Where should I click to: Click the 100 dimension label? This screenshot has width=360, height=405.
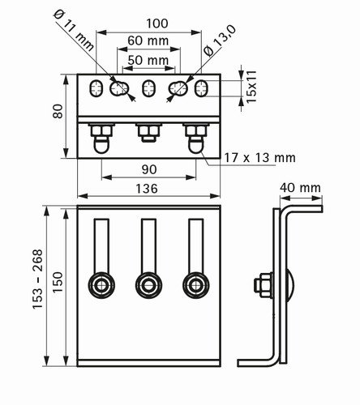coord(157,23)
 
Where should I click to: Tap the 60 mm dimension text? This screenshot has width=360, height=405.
coord(148,40)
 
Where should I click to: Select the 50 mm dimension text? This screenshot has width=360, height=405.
coord(148,60)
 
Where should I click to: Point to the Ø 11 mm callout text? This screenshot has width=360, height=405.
coord(74,30)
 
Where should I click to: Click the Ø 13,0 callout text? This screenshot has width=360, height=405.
coord(220,40)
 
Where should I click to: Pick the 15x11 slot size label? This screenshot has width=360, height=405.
coord(251,87)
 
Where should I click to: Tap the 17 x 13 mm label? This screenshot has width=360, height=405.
coord(259,158)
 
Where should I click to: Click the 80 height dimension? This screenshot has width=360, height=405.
coord(58,111)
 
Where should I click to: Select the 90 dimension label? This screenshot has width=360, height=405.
coord(149,169)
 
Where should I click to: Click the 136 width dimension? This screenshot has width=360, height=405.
coord(147,189)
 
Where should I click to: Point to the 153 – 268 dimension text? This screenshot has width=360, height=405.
coord(37,279)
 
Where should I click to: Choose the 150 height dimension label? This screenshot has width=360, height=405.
coord(58,282)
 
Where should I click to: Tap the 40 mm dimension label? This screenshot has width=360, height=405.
coord(300,188)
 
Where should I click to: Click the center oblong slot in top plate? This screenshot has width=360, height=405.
coord(148,88)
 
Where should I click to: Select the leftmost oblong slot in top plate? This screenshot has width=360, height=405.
coord(96,88)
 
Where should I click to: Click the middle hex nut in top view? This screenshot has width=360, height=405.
coord(149,130)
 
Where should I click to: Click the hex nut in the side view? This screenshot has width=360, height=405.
coord(264,286)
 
